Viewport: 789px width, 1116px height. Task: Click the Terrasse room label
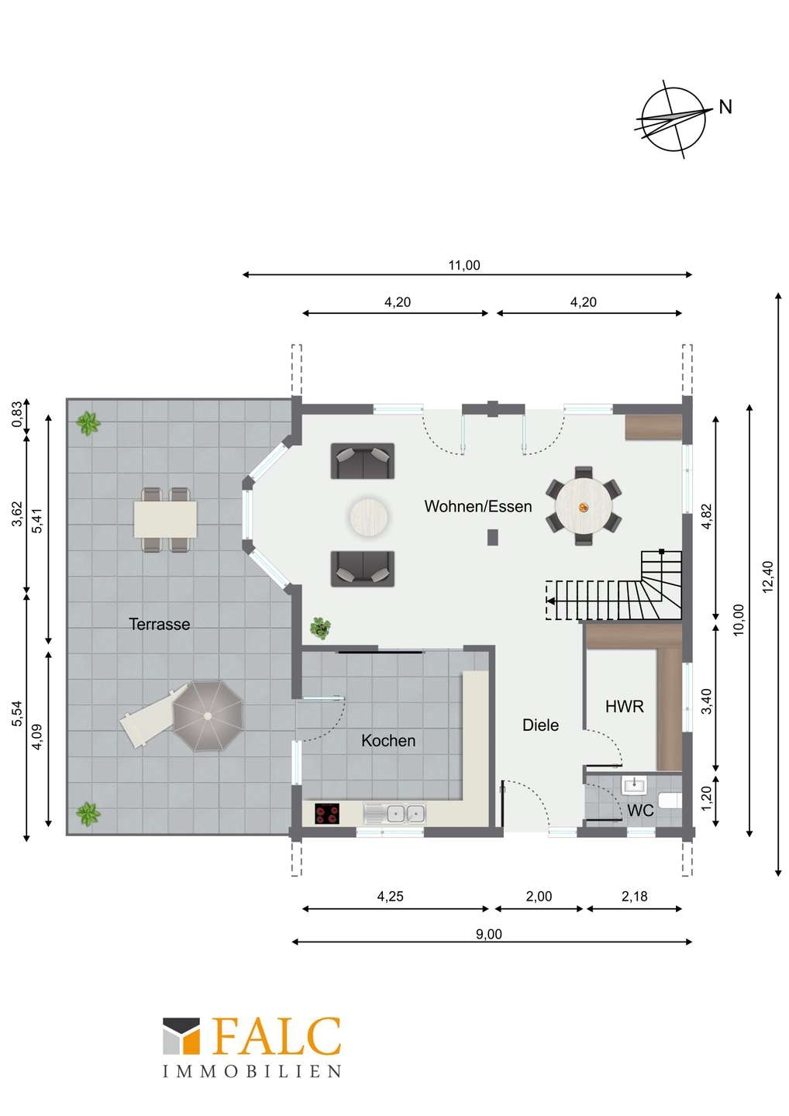click(160, 624)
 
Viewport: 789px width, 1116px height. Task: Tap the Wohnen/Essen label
click(478, 506)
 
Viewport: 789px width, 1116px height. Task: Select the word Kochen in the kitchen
click(388, 741)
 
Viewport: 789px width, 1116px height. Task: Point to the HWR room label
click(625, 707)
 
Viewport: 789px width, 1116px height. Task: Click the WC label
click(640, 811)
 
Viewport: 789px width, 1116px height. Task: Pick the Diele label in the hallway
click(540, 725)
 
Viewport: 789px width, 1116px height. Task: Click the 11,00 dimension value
click(464, 265)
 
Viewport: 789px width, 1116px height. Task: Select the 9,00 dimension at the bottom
click(489, 935)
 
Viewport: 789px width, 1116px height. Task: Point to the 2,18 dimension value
click(635, 897)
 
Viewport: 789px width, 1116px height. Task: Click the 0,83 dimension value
click(18, 414)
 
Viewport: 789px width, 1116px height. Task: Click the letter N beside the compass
click(725, 107)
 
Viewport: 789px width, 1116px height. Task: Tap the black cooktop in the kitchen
click(327, 814)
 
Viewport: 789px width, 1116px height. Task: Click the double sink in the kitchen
click(394, 814)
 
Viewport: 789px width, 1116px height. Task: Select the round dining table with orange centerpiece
click(584, 506)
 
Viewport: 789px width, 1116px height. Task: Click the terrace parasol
click(208, 716)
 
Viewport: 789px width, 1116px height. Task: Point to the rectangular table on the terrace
click(165, 519)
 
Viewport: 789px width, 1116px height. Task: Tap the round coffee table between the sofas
click(369, 516)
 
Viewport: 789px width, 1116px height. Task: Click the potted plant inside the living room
click(320, 629)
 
